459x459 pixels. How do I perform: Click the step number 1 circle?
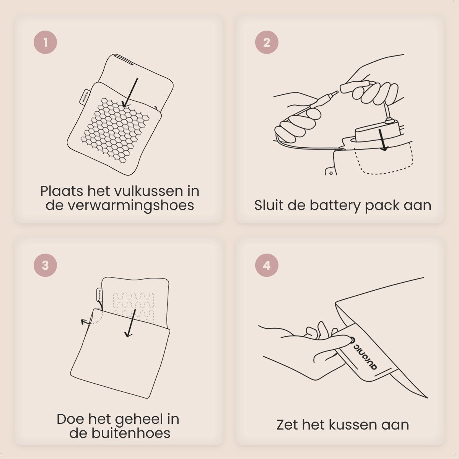pos(45,42)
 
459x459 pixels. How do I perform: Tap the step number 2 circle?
pos(267,42)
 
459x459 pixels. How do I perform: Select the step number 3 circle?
pos(45,265)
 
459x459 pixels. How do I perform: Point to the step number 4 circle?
pos(267,265)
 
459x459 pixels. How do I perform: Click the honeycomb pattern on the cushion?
pos(115,130)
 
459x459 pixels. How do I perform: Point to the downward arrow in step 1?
pos(130,93)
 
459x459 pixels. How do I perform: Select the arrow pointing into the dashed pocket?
pos(382,140)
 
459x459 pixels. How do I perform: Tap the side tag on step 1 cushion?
pos(84,97)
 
